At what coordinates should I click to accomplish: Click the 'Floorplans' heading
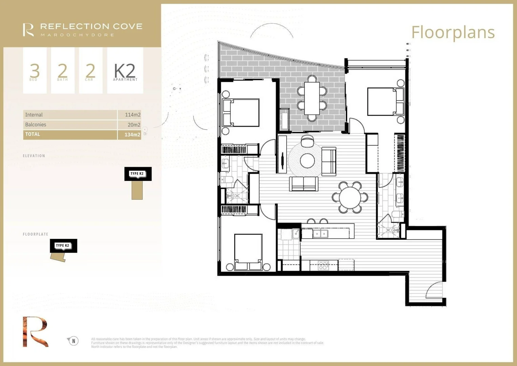coord(453,33)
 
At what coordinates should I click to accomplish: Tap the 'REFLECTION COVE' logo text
coord(91,27)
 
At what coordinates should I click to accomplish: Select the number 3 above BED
coord(35,70)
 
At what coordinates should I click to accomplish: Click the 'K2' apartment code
coord(125,71)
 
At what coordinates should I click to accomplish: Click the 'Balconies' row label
coord(36,125)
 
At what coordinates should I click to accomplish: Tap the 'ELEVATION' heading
coord(34,156)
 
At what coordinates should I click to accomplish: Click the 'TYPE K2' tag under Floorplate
coord(63,245)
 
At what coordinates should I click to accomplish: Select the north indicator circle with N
coord(74,341)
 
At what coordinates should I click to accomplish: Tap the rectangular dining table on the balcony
coord(312,98)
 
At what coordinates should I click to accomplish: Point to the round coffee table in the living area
coord(307,161)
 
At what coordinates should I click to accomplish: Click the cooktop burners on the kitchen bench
coord(324,266)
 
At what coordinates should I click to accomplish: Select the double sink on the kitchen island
coord(320,234)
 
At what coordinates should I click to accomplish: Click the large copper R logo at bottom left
coord(35,332)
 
